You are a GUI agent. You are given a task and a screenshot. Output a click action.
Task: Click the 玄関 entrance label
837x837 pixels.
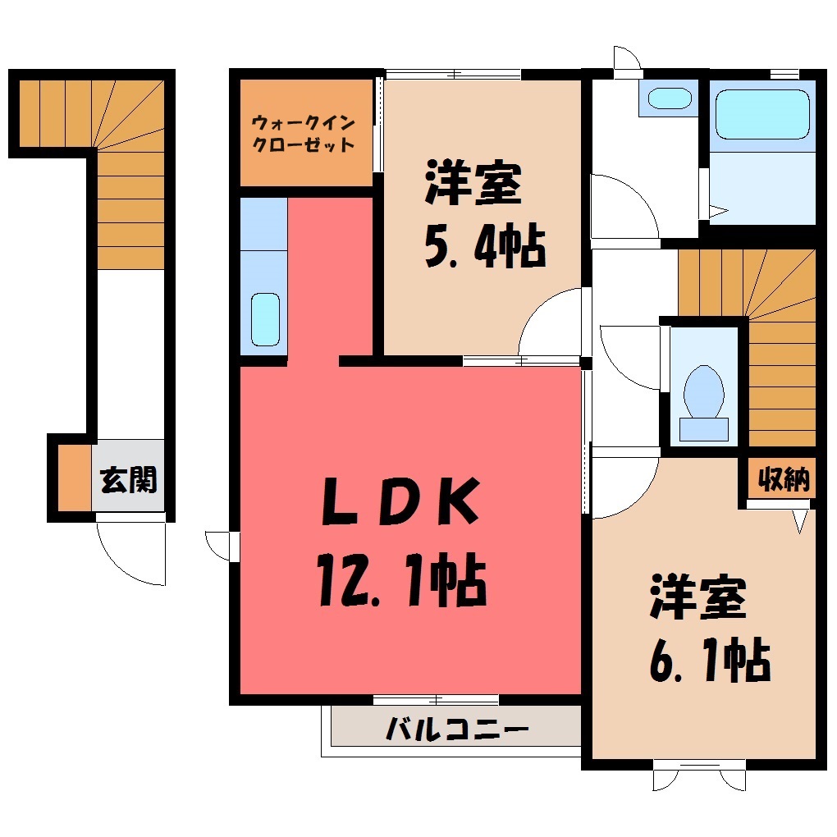tap(128, 480)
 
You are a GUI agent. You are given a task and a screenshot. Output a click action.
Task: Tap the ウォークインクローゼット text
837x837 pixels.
tap(303, 134)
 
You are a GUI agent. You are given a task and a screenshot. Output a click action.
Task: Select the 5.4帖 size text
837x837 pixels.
tap(485, 247)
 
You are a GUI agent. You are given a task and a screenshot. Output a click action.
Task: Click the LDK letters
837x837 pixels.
tap(400, 501)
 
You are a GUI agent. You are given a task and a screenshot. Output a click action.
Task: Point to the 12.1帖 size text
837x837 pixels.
tap(401, 581)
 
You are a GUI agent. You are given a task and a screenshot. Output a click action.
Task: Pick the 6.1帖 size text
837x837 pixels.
tap(710, 660)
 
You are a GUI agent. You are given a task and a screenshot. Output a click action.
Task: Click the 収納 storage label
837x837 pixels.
tap(783, 479)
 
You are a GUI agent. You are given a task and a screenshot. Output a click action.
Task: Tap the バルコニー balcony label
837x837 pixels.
tap(457, 729)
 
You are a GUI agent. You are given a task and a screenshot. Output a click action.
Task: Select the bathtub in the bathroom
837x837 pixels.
tap(762, 114)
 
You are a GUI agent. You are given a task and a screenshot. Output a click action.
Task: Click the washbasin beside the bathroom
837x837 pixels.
tap(670, 98)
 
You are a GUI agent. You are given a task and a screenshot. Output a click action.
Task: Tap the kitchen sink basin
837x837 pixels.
tap(265, 319)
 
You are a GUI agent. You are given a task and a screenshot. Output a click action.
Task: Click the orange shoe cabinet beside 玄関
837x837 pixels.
tap(74, 478)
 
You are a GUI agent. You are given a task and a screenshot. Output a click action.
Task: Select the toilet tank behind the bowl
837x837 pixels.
tap(703, 429)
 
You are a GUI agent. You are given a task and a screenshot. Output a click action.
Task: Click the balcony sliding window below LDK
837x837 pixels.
tap(436, 700)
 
